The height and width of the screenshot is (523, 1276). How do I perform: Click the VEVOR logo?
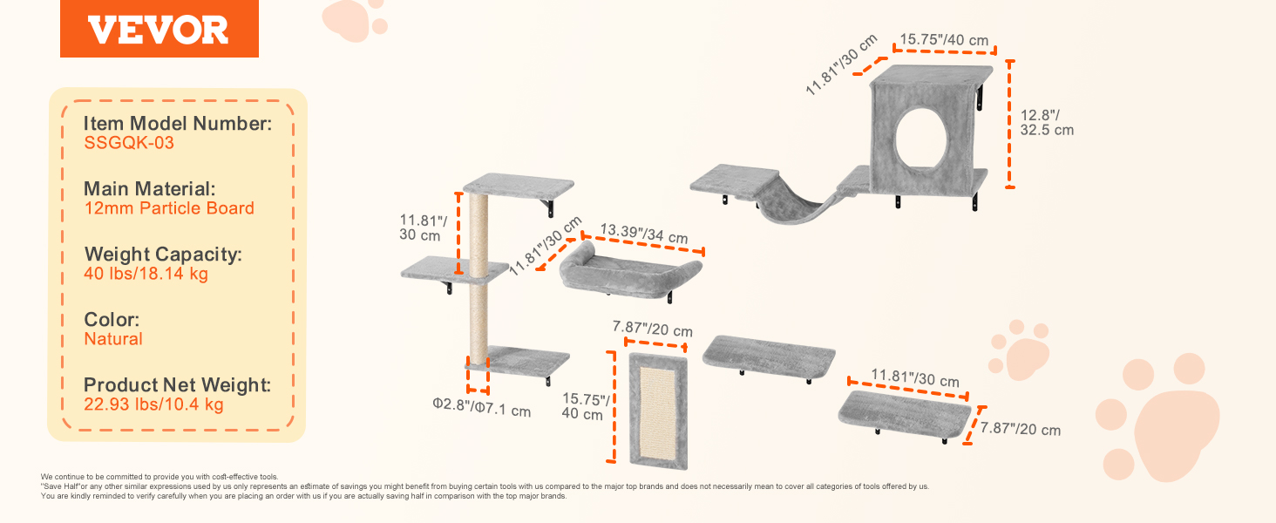click(x=159, y=29)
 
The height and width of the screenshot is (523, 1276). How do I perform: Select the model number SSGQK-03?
click(x=129, y=142)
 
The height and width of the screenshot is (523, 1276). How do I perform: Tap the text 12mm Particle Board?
click(x=169, y=208)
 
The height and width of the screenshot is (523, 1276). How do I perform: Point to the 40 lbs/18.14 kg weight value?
click(x=146, y=274)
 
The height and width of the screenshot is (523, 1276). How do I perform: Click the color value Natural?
click(x=113, y=339)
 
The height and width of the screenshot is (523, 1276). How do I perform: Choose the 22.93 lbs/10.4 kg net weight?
click(x=153, y=404)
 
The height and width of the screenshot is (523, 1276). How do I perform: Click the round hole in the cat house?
click(x=921, y=139)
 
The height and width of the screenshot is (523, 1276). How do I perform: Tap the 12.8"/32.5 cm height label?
click(x=1047, y=123)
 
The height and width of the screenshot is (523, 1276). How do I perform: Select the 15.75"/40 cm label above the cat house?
click(x=944, y=40)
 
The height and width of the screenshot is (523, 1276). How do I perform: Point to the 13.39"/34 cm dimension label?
click(x=644, y=234)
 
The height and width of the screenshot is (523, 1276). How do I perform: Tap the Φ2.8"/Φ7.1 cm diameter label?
click(x=481, y=407)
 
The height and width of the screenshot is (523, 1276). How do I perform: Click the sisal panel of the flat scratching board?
click(x=657, y=412)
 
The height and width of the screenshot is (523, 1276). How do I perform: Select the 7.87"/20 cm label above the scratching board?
click(x=652, y=329)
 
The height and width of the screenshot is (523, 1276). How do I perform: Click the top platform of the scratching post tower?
click(x=519, y=186)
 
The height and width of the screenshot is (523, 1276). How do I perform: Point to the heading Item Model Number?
click(x=178, y=124)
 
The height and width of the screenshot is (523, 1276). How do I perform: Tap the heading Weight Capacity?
click(x=163, y=255)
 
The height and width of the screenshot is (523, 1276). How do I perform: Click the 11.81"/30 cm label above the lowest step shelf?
click(x=915, y=377)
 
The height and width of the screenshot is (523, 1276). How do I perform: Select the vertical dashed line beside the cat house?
click(x=1009, y=124)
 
